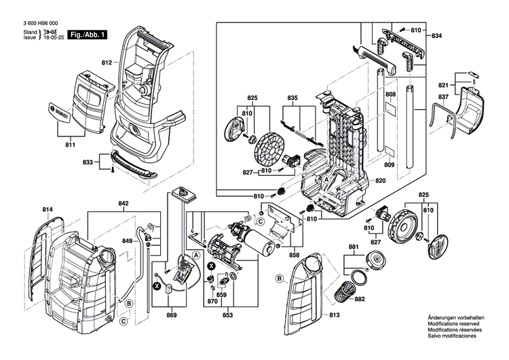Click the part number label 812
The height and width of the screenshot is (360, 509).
point(107,63)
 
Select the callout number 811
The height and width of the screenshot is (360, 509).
point(71,145)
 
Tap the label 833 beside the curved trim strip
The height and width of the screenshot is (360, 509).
point(88,163)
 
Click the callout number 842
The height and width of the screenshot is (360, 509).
point(124,203)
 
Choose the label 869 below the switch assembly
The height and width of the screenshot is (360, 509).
point(172,316)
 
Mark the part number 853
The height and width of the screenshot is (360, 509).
point(228,316)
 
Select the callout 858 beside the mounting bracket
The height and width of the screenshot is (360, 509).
point(294,255)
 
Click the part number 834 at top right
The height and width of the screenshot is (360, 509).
point(436,35)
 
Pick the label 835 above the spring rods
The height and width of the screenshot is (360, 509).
point(292,98)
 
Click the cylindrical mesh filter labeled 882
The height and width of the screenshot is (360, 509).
point(347,293)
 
